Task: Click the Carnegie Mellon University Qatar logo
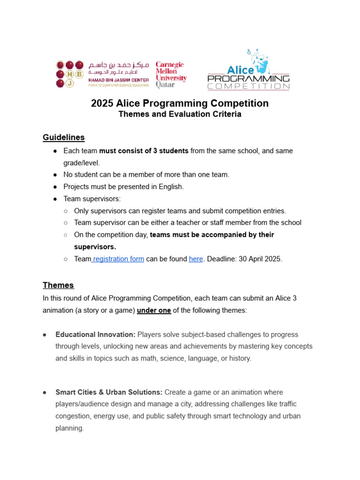171,75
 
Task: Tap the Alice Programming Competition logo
248,70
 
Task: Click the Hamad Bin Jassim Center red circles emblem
70,74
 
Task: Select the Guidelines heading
64,137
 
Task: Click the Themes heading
58,285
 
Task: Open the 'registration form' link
118,259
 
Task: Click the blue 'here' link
196,259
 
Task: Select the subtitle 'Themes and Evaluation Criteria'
180,114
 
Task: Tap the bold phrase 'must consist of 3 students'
144,151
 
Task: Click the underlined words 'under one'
154,310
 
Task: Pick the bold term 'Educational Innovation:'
95,335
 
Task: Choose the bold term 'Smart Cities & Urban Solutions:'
109,392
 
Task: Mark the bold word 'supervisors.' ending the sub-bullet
95,247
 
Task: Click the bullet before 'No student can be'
55,175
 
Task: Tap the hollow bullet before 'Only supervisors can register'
66,211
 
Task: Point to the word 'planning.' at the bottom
69,428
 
